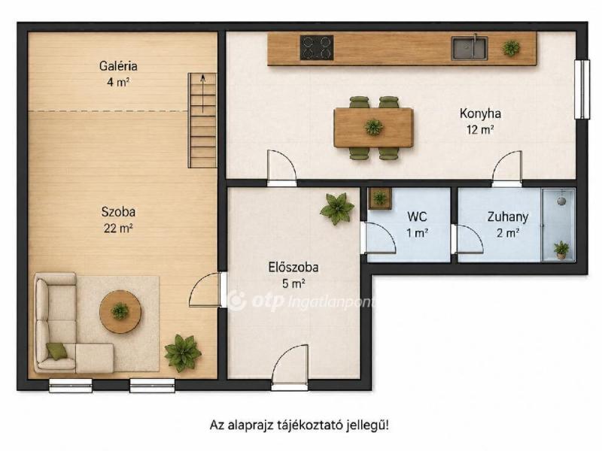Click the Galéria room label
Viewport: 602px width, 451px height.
click(118, 66)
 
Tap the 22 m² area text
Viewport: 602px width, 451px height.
click(118, 229)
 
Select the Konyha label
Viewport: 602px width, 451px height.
click(480, 114)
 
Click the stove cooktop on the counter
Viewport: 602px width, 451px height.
click(317, 48)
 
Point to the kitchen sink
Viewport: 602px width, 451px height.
click(469, 48)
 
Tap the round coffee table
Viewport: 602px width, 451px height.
click(120, 311)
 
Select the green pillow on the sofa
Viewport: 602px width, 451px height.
click(57, 351)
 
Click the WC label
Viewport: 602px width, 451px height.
click(417, 216)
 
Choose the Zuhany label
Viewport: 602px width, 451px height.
click(507, 216)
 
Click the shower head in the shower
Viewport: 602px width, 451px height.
click(561, 200)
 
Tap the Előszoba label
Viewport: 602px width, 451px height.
click(293, 268)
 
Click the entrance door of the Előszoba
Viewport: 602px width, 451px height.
click(290, 366)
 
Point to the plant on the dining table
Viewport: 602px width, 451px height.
click(373, 127)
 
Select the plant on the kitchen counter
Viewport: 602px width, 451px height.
click(511, 48)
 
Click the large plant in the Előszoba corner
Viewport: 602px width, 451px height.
click(337, 209)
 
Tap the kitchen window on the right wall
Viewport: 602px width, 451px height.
click(582, 89)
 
